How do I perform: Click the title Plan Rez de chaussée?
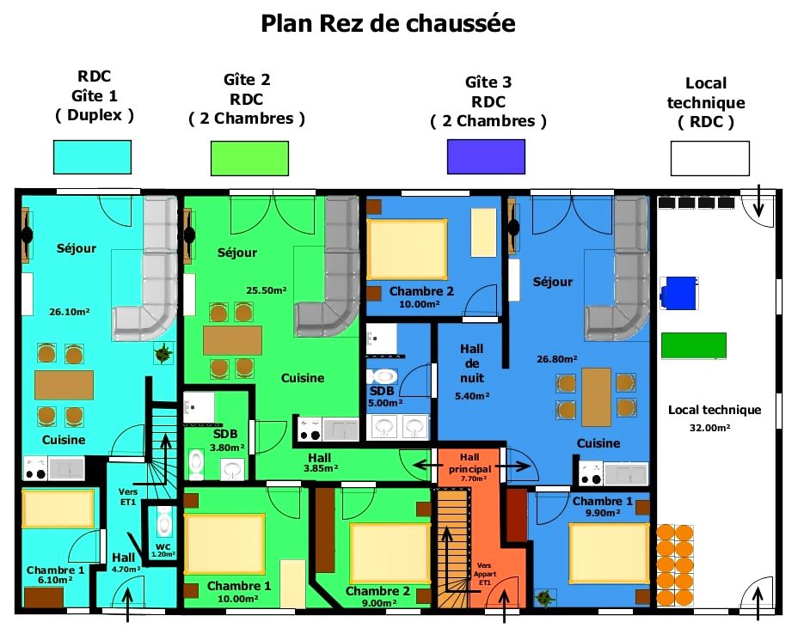[388, 23]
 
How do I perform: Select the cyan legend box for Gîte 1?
[92, 156]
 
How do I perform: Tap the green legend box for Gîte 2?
[249, 158]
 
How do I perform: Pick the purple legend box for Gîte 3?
[486, 156]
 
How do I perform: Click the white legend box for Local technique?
[710, 158]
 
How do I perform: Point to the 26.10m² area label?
[70, 312]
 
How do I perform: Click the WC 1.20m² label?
[163, 550]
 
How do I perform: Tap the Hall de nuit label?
[472, 363]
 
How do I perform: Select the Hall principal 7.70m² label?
[470, 467]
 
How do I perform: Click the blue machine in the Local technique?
[679, 293]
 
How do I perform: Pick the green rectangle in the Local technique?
[693, 345]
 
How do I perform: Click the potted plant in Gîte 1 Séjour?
[163, 353]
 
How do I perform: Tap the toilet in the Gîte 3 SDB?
[383, 376]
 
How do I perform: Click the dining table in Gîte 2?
[232, 341]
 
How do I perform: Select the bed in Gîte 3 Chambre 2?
[407, 249]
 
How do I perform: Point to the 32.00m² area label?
[709, 427]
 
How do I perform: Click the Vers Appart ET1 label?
[485, 574]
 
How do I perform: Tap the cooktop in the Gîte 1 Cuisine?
[36, 468]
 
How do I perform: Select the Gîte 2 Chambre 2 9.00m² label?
[377, 596]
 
